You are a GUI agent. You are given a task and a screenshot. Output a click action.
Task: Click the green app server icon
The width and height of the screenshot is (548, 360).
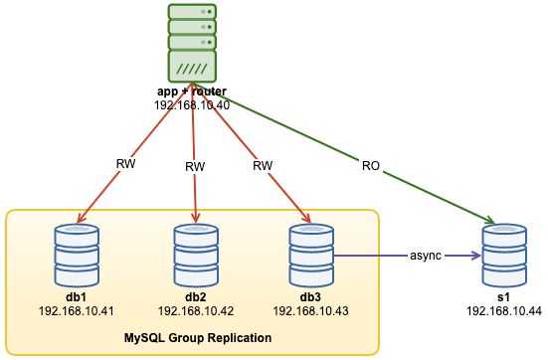[192, 43]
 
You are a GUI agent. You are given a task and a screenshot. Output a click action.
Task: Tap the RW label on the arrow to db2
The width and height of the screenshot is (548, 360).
[195, 167]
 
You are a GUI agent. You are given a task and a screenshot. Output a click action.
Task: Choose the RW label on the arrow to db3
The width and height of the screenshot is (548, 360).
[263, 165]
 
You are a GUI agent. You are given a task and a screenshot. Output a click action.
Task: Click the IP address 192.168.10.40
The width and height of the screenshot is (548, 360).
[192, 105]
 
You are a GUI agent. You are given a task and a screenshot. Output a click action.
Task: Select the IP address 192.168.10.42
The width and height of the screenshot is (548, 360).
[195, 311]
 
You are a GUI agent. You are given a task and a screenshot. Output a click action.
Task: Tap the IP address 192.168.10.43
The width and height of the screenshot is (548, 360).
[309, 311]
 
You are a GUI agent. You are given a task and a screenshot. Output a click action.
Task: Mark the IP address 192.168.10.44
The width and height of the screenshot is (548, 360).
[502, 311]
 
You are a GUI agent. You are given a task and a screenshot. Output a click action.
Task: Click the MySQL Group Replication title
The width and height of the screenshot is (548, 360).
[198, 338]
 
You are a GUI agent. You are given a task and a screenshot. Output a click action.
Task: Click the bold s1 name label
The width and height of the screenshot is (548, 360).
[502, 296]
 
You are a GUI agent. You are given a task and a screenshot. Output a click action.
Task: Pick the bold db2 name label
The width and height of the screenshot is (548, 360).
[195, 296]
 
